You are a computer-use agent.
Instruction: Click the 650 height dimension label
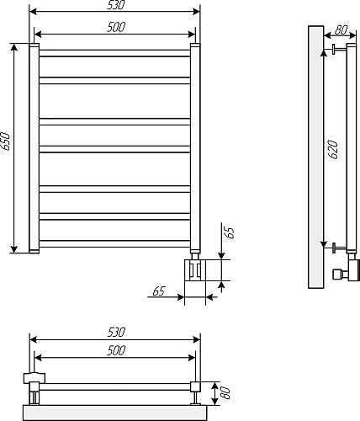tap(7, 141)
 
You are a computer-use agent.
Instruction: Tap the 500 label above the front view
tap(116, 28)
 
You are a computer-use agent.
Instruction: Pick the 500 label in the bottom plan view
tap(116, 350)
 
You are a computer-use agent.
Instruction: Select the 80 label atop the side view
tap(340, 29)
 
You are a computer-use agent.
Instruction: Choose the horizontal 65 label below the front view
tap(159, 290)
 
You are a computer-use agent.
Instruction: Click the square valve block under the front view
tap(195, 269)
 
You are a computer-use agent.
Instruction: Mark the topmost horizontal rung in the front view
tap(115, 53)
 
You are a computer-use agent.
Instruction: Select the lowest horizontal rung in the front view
tap(115, 244)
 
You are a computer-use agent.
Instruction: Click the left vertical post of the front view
tap(34, 148)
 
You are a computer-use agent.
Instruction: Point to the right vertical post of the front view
tap(195, 148)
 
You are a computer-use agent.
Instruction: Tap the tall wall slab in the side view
tap(315, 157)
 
